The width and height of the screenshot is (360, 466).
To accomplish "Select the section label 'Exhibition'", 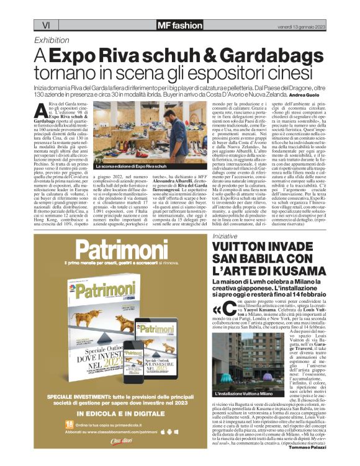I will pyautogui.click(x=52, y=39).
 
